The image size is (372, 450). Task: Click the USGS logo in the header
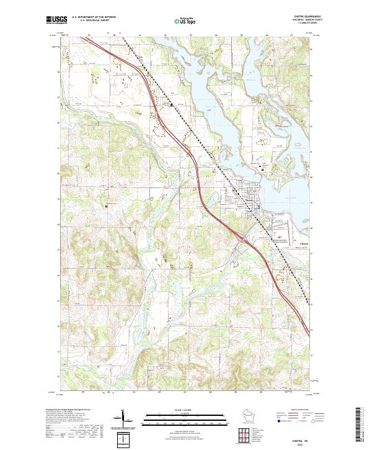56,20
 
